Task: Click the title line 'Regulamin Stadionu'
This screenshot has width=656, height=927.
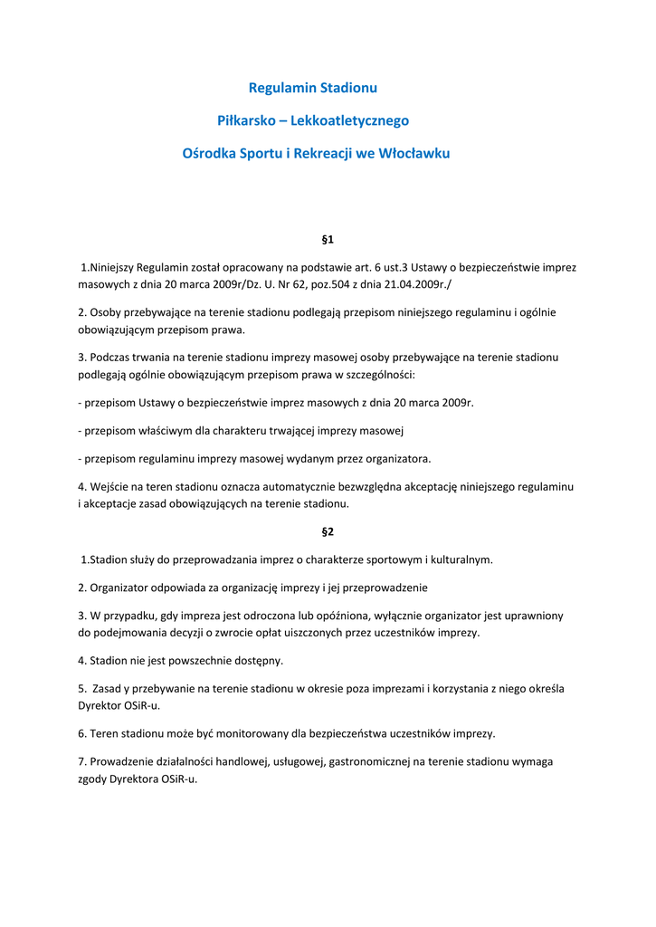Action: pos(312,88)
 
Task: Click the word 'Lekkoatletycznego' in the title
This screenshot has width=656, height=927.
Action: pos(360,120)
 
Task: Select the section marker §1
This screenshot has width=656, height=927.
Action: pos(328,240)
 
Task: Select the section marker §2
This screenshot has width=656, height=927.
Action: pos(328,531)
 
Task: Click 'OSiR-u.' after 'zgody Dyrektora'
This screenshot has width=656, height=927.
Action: pos(178,779)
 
